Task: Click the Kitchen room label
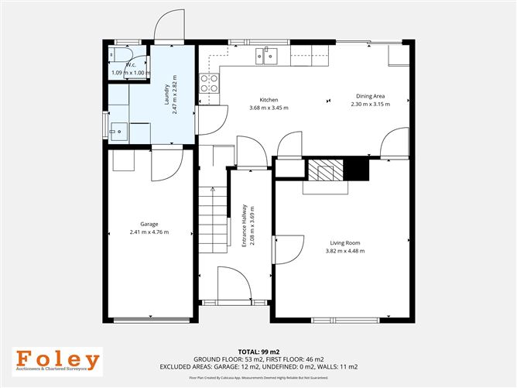[269, 100]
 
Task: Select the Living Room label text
[344, 243]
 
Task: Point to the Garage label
[149, 224]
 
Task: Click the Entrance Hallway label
[244, 223]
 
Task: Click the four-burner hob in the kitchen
[208, 82]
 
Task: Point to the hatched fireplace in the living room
[324, 169]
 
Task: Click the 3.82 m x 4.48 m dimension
[344, 252]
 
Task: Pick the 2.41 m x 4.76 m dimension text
[149, 232]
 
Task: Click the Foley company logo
[59, 362]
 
